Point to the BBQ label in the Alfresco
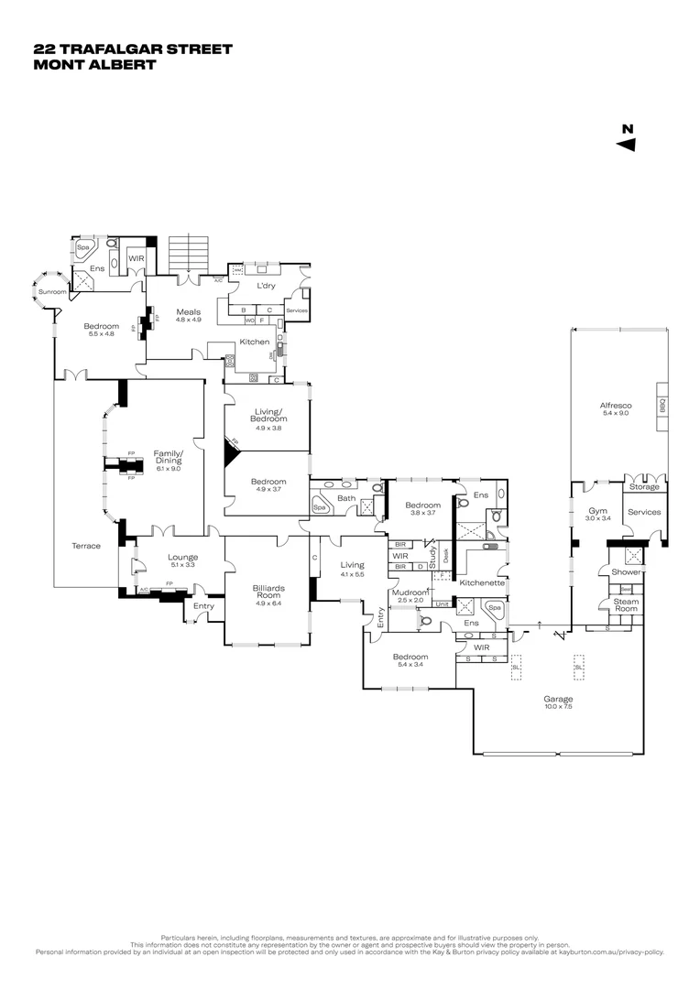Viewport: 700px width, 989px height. click(x=662, y=407)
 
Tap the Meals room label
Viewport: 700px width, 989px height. click(x=189, y=311)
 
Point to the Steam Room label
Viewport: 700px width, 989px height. click(x=627, y=605)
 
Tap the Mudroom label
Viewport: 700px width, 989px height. click(x=410, y=592)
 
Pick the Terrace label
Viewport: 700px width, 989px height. click(x=86, y=546)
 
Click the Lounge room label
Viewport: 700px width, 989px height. click(x=183, y=557)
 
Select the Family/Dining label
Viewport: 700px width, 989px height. click(x=169, y=457)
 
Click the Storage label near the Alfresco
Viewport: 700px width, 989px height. click(x=644, y=486)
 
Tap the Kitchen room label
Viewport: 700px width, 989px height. click(x=254, y=342)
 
